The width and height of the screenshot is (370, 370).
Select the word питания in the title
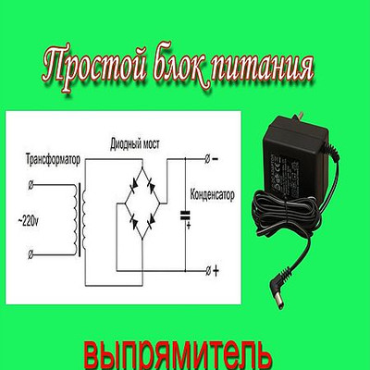pyautogui.click(x=264, y=70)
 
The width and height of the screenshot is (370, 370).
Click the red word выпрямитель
pyautogui.click(x=179, y=355)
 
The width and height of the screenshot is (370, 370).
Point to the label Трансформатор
pyautogui.click(x=53, y=159)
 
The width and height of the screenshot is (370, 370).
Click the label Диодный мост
pyautogui.click(x=135, y=144)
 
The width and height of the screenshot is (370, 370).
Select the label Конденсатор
pyautogui.click(x=212, y=195)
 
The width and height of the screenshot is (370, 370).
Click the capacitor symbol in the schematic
pyautogui.click(x=185, y=216)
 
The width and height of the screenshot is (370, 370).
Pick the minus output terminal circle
pyautogui.click(x=207, y=159)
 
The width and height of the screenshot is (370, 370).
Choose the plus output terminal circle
pyautogui.click(x=207, y=271)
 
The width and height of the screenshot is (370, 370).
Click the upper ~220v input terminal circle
pyautogui.click(x=31, y=185)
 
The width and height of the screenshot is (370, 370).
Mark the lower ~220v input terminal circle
pyautogui.click(x=31, y=255)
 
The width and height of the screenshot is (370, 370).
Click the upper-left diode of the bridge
pyautogui.click(x=133, y=186)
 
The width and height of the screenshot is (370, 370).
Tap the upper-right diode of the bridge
pyautogui.click(x=151, y=186)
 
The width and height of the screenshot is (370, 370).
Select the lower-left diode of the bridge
pyautogui.click(x=134, y=222)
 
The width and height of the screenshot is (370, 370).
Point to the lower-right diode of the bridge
pyautogui.click(x=151, y=222)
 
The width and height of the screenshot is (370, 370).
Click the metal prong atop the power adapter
pyautogui.click(x=299, y=117)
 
